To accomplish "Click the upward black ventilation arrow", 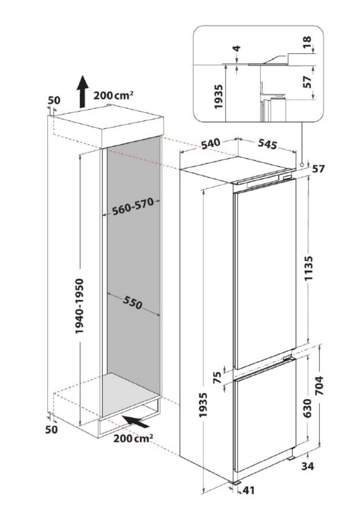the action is tap(82, 92).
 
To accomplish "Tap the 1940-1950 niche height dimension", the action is tap(80, 306).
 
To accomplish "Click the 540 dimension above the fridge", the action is tap(211, 144).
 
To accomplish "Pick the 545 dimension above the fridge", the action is tap(267, 144).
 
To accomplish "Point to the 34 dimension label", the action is tap(307, 459).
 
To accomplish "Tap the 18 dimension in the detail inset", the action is tap(307, 42).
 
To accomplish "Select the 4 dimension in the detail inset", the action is tap(237, 48).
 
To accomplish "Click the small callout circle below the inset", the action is tap(301, 165).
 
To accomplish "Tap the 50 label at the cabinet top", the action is tap(54, 101).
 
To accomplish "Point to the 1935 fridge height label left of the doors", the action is tap(203, 405).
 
